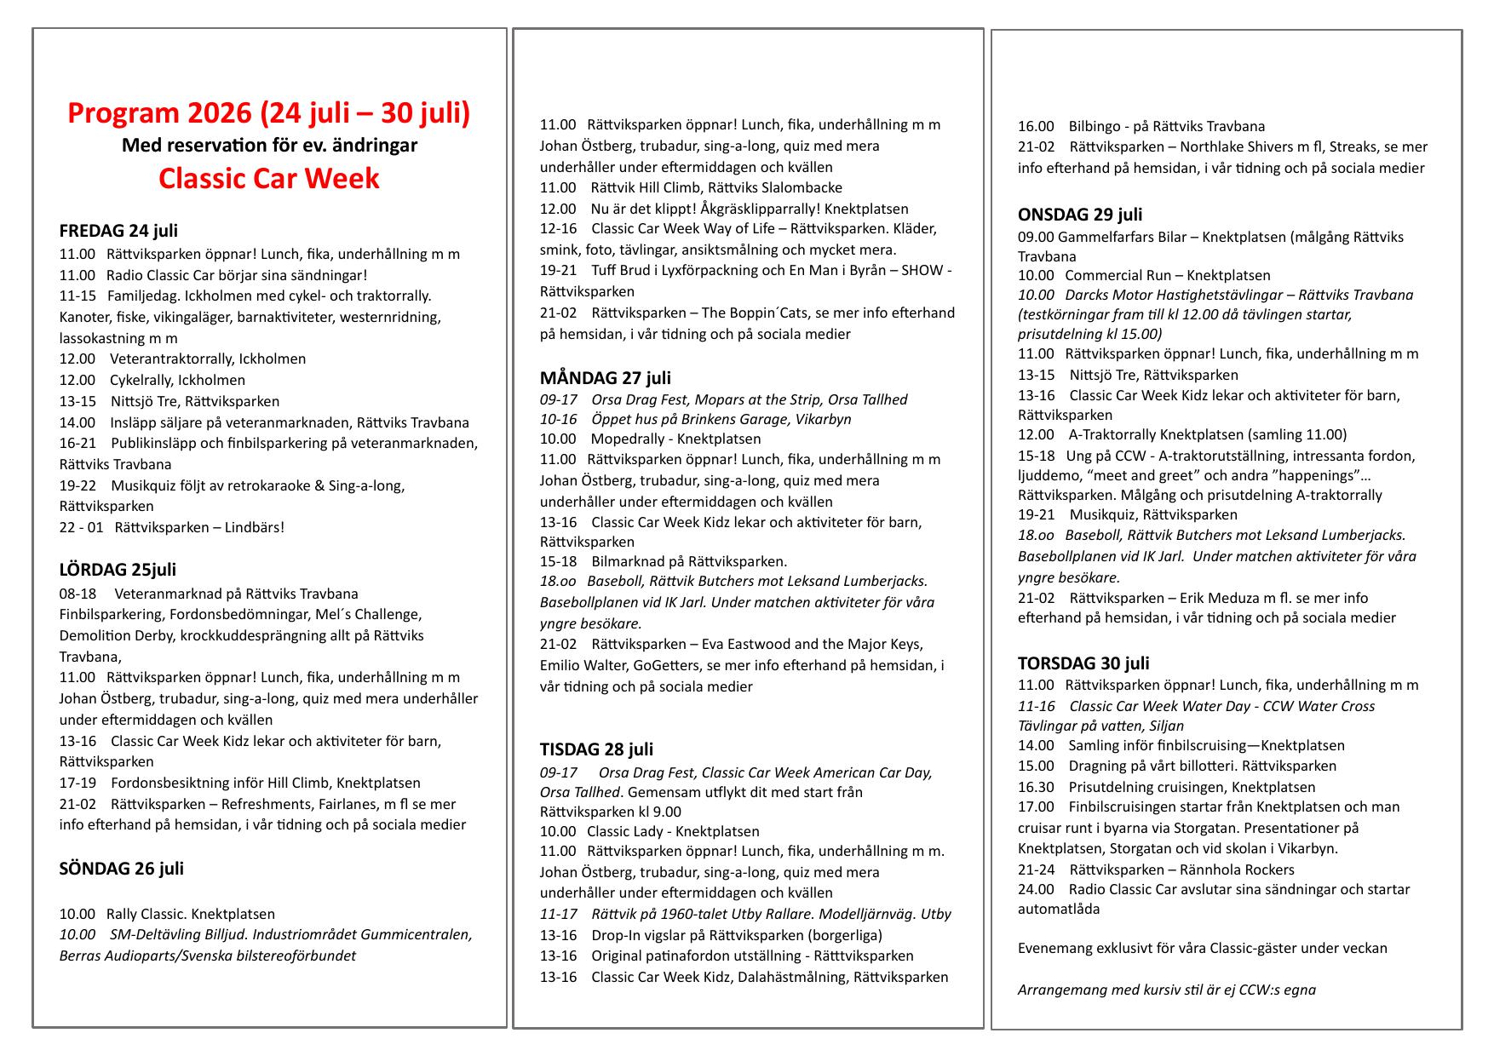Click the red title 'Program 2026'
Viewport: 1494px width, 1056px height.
pyautogui.click(x=160, y=113)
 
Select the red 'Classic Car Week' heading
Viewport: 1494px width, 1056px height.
pyautogui.click(x=268, y=179)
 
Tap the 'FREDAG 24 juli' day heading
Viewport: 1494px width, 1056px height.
pyautogui.click(x=118, y=231)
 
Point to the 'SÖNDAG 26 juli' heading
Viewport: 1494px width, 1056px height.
pyautogui.click(x=121, y=869)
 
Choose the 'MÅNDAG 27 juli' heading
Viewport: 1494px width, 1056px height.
pyautogui.click(x=605, y=378)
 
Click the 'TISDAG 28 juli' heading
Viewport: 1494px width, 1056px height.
pyautogui.click(x=596, y=749)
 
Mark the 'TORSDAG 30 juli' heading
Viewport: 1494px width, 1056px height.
pyautogui.click(x=1083, y=663)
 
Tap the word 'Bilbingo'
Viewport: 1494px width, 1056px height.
pyautogui.click(x=1095, y=127)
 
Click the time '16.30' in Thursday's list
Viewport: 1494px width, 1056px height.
pyautogui.click(x=1036, y=788)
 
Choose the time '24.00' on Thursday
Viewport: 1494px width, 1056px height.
pyautogui.click(x=1036, y=890)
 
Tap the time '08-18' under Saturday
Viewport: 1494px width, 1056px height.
pyautogui.click(x=78, y=594)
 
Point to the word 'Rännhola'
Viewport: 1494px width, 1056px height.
pyautogui.click(x=1212, y=870)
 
